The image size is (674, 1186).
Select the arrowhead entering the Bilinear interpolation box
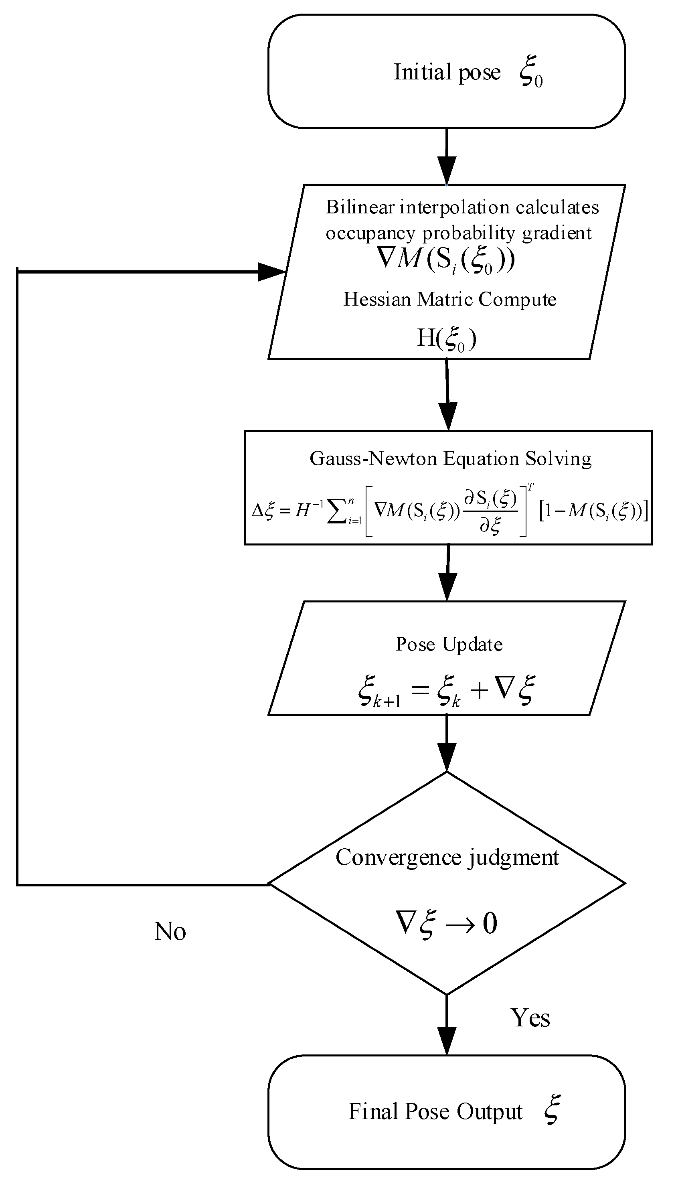[x=447, y=171]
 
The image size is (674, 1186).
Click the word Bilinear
[x=359, y=207]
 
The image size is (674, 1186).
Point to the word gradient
[x=557, y=233]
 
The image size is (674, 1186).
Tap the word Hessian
[x=377, y=300]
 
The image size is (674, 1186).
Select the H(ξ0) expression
[x=447, y=339]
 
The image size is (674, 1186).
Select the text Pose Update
[x=449, y=645]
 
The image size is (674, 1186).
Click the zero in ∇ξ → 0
[x=490, y=924]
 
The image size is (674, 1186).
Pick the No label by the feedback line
[x=170, y=931]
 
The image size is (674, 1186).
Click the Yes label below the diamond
[x=530, y=1018]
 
